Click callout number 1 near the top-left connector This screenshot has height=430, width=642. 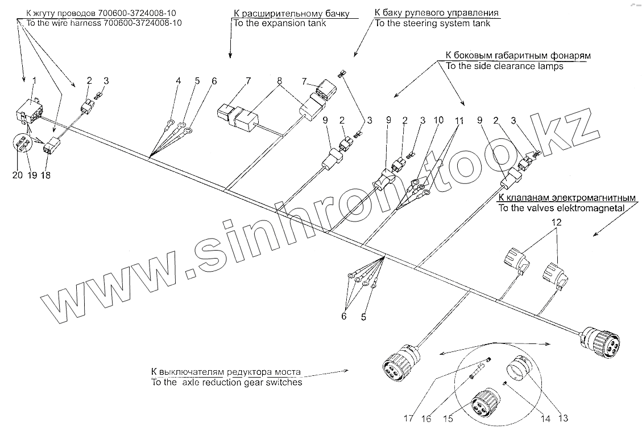pos(34,81)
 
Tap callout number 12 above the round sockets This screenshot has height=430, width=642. pos(557,222)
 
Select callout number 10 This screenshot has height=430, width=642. pos(438,121)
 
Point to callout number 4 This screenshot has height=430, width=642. pos(179,81)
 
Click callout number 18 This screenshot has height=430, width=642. pos(45,175)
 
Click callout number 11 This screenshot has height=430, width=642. pos(459,121)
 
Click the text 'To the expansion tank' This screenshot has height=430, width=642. pos(279,23)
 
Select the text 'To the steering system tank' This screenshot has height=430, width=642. pos(432,23)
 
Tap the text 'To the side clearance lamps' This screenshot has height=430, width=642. pos(504,66)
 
